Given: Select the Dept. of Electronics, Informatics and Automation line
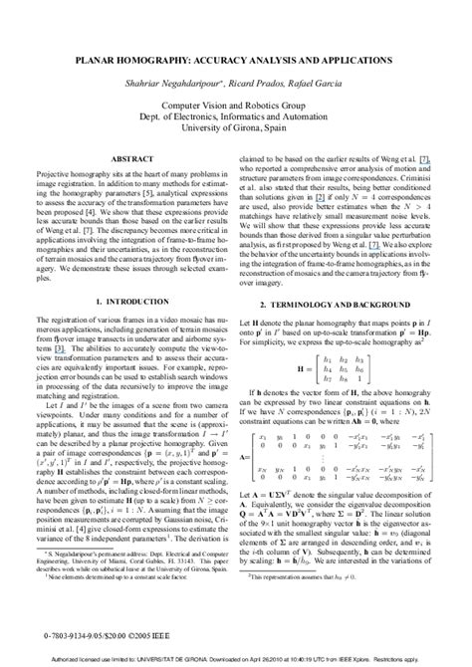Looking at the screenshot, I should [x=236, y=115].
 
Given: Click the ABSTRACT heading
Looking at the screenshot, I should [x=131, y=158].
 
